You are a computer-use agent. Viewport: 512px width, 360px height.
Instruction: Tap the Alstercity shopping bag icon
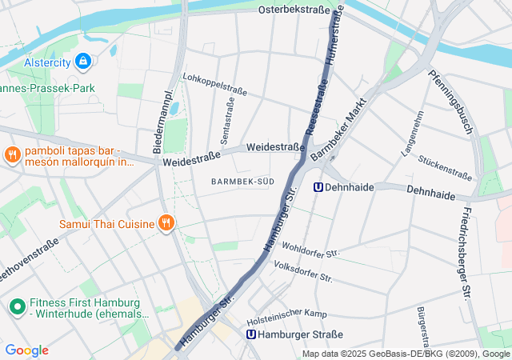pos(82,61)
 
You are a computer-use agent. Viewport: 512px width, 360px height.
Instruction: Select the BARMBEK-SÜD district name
pos(242,182)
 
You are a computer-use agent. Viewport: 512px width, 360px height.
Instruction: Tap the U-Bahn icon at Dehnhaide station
pos(318,187)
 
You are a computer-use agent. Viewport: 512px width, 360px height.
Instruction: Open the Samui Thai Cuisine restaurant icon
pos(166,223)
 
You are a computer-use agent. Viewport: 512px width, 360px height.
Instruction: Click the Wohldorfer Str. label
pos(310,250)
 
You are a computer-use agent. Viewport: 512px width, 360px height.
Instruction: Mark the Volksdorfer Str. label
pos(302,271)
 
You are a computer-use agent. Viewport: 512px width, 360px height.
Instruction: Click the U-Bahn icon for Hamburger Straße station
pos(252,334)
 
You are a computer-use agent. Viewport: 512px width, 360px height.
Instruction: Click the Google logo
pos(26,350)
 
